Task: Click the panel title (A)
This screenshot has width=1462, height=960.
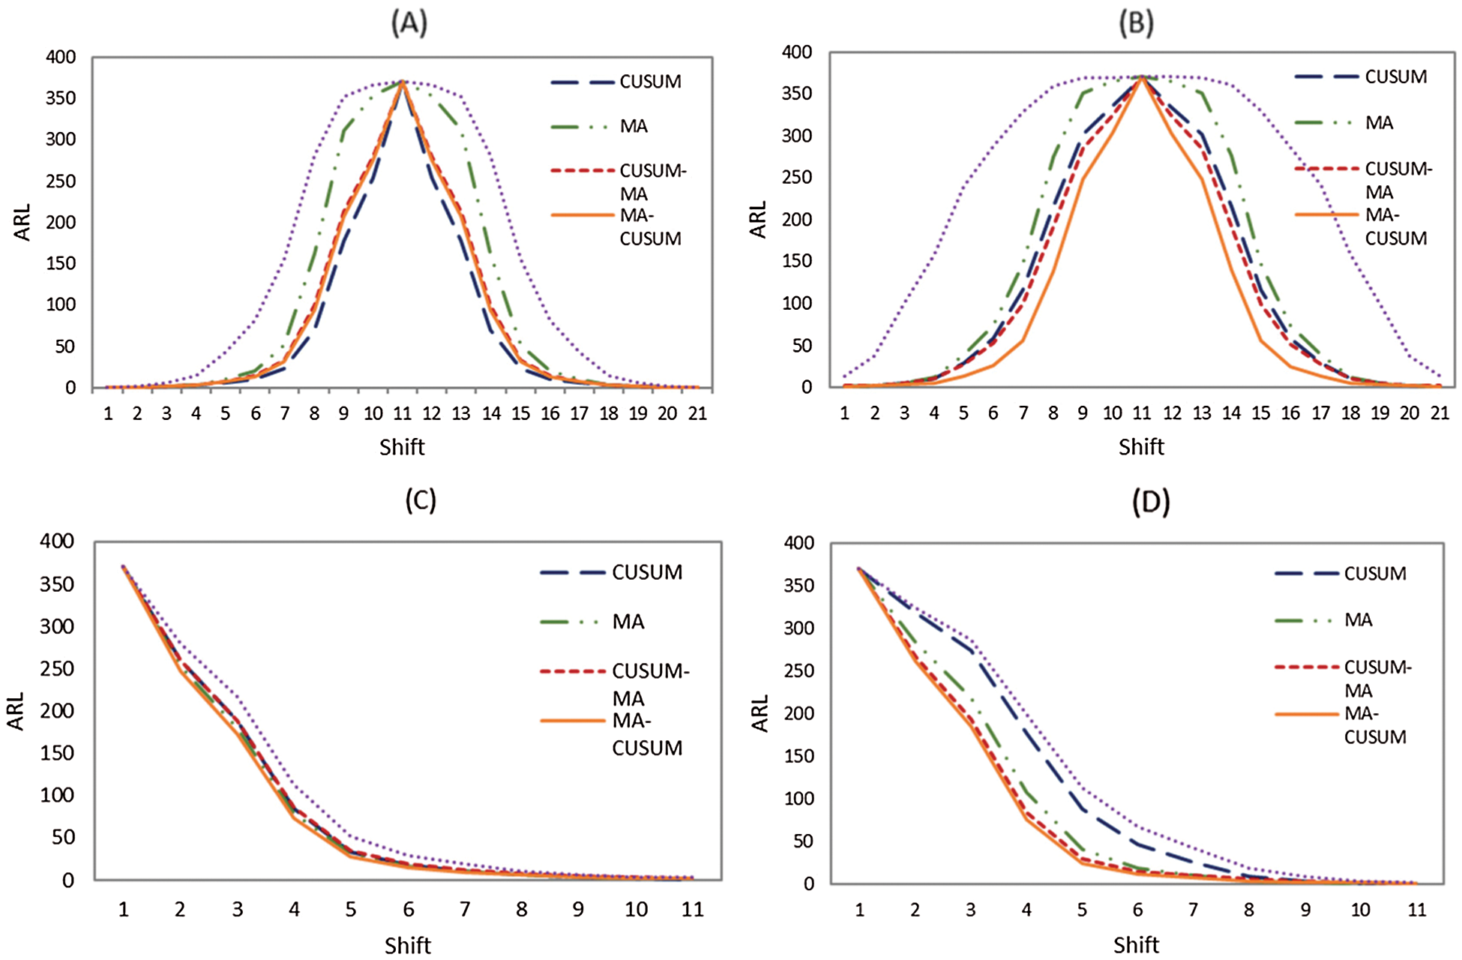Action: coord(409,24)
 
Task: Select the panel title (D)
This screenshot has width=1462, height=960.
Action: coord(1150,502)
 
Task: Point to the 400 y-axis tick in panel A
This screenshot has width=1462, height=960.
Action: coord(61,57)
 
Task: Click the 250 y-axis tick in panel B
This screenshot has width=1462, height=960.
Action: coord(796,177)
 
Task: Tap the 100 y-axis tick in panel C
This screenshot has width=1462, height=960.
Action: coord(57,795)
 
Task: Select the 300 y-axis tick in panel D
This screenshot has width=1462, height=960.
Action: coord(798,628)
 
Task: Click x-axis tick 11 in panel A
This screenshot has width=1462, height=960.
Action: coord(402,414)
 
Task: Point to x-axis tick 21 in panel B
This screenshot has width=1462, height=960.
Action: coord(1440,413)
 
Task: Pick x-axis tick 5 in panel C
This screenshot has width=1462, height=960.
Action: coord(351,910)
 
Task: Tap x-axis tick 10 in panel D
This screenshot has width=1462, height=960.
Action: coord(1360,910)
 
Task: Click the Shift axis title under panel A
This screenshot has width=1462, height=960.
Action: coord(402,447)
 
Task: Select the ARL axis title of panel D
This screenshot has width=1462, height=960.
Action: coord(760,712)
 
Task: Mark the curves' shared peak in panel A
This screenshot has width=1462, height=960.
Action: coord(403,81)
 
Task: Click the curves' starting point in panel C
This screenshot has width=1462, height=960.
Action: coord(123,566)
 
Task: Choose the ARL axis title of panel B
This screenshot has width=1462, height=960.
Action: coord(759,219)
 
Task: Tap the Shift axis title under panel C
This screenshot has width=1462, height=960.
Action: coord(407,945)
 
